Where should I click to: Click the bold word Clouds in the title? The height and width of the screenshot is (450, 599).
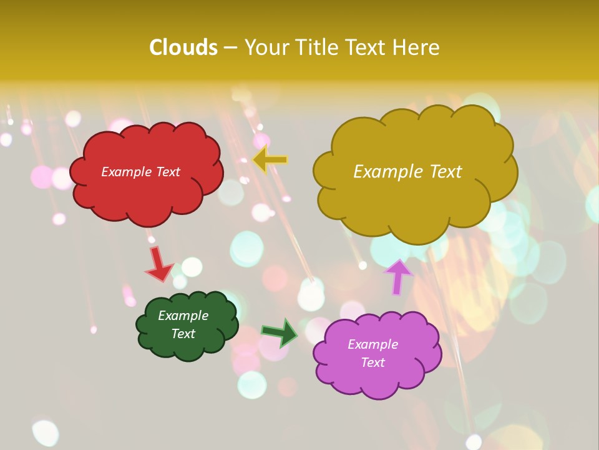(183, 47)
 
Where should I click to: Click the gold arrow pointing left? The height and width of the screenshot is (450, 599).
(270, 159)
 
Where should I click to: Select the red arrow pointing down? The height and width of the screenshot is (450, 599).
(158, 263)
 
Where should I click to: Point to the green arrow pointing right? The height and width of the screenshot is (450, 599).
(280, 332)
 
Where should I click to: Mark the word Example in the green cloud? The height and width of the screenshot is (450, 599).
(183, 316)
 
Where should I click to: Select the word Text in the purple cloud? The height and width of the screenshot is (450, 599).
(373, 362)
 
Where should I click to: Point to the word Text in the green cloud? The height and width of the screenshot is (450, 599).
(183, 334)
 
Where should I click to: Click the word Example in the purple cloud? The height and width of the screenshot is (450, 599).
(373, 344)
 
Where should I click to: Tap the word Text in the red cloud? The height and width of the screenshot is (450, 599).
(167, 172)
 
